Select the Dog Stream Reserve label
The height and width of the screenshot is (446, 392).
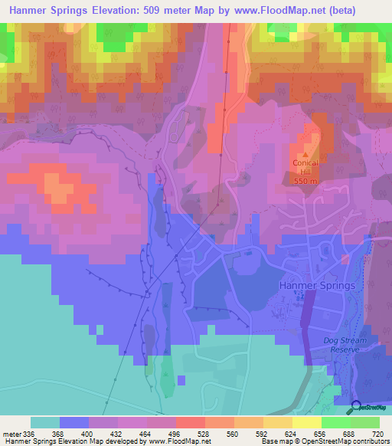pos(335,344)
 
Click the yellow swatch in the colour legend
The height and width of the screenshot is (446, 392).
pos(306,422)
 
